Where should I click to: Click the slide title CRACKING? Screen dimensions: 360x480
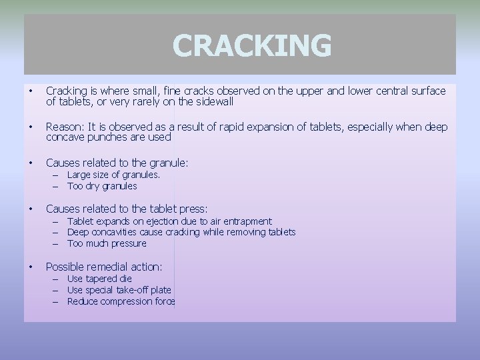coord(251,45)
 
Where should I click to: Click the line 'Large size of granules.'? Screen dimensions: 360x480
coord(113,175)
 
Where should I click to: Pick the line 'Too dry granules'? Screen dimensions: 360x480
coord(102,186)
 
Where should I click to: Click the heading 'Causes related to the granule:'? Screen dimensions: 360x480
coord(117,162)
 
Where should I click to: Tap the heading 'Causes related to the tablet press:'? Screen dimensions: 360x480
coord(127,209)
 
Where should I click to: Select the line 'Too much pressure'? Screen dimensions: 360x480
coord(107,243)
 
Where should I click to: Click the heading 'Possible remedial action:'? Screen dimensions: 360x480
coord(104,266)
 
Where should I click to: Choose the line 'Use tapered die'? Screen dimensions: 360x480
coord(99,279)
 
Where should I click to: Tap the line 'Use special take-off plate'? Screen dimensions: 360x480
coord(119,290)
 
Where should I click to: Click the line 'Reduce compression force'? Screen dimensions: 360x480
coord(121,301)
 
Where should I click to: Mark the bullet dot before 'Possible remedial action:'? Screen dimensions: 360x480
coord(31,267)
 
